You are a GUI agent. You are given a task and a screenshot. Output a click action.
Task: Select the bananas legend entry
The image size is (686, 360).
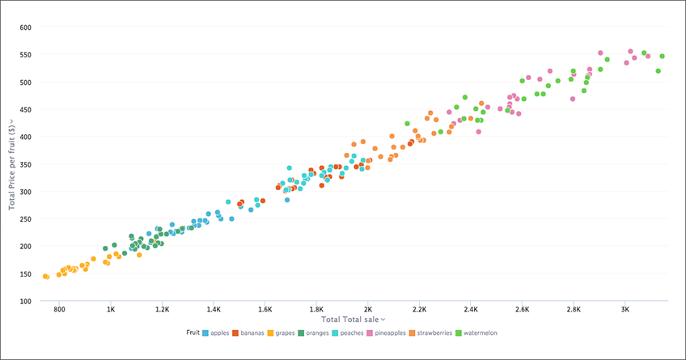tap(252, 332)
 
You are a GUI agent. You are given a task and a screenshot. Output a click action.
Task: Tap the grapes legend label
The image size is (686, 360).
tap(287, 332)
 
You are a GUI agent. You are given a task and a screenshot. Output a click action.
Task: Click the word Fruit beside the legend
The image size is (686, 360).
tap(193, 332)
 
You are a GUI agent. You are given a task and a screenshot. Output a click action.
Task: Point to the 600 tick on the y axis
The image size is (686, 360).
tap(25, 28)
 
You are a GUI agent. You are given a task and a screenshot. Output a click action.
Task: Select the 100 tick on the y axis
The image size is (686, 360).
tap(25, 301)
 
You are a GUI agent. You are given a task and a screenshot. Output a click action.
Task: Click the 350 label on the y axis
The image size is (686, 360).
tap(25, 164)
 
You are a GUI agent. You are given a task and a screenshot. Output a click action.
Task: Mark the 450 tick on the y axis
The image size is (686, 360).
tap(25, 109)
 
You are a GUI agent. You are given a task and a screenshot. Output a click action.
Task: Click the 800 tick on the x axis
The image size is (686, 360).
tap(59, 310)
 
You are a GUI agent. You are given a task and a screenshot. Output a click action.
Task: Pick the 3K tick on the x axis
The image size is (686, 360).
tap(625, 310)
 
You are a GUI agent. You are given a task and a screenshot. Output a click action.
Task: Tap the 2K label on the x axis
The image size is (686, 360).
tap(367, 310)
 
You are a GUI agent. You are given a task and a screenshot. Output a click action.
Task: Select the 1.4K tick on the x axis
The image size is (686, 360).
tap(214, 310)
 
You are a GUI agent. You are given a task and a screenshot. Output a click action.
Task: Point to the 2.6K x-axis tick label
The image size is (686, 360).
tap(522, 310)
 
